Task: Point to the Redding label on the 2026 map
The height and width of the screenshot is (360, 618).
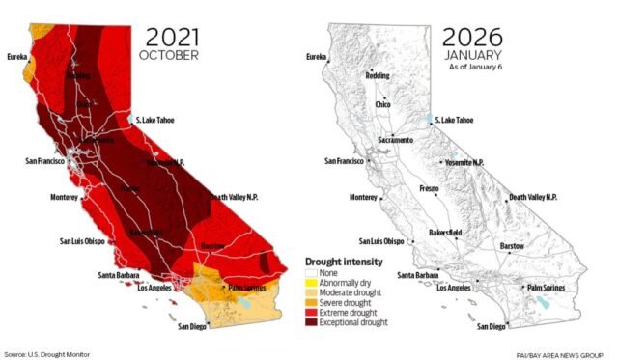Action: click(x=378, y=75)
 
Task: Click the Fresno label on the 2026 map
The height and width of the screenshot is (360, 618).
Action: click(x=430, y=189)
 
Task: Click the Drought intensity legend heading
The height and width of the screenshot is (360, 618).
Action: click(x=343, y=262)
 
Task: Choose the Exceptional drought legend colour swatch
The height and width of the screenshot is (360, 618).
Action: click(x=311, y=321)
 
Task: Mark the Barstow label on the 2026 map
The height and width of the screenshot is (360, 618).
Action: click(x=512, y=246)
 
